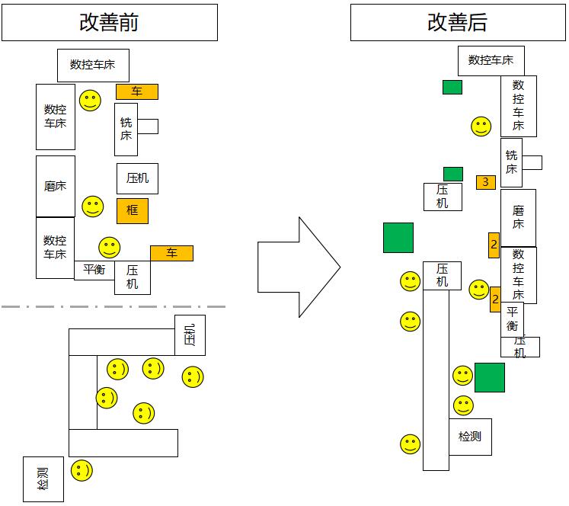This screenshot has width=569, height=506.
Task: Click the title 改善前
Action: click(x=109, y=22)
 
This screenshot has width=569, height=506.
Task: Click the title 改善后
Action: click(x=458, y=23)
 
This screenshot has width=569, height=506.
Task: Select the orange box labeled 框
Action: click(x=133, y=210)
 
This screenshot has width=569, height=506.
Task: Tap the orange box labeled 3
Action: click(x=486, y=182)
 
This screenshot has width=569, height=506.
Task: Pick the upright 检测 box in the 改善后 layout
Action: click(x=470, y=437)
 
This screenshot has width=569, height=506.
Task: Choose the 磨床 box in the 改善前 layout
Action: click(x=56, y=186)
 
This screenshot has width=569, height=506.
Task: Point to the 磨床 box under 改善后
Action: click(x=518, y=217)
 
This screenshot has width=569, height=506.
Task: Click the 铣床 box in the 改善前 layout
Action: click(x=126, y=129)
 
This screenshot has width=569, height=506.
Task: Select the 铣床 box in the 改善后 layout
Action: click(x=511, y=162)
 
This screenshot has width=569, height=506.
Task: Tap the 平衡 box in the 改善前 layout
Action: click(x=94, y=270)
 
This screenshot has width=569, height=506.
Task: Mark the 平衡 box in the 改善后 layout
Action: click(x=512, y=319)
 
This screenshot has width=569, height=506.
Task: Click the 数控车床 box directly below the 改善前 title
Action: click(x=93, y=65)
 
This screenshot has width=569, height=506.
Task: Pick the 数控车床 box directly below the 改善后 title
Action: click(x=491, y=60)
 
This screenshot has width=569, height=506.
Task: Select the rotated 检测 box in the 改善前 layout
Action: click(x=43, y=479)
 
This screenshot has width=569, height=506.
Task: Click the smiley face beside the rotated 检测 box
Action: click(x=82, y=470)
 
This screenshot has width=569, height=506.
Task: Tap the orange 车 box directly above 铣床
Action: click(x=137, y=91)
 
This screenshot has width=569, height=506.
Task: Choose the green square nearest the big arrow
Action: click(x=398, y=237)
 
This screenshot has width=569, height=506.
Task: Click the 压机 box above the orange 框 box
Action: click(x=138, y=178)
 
